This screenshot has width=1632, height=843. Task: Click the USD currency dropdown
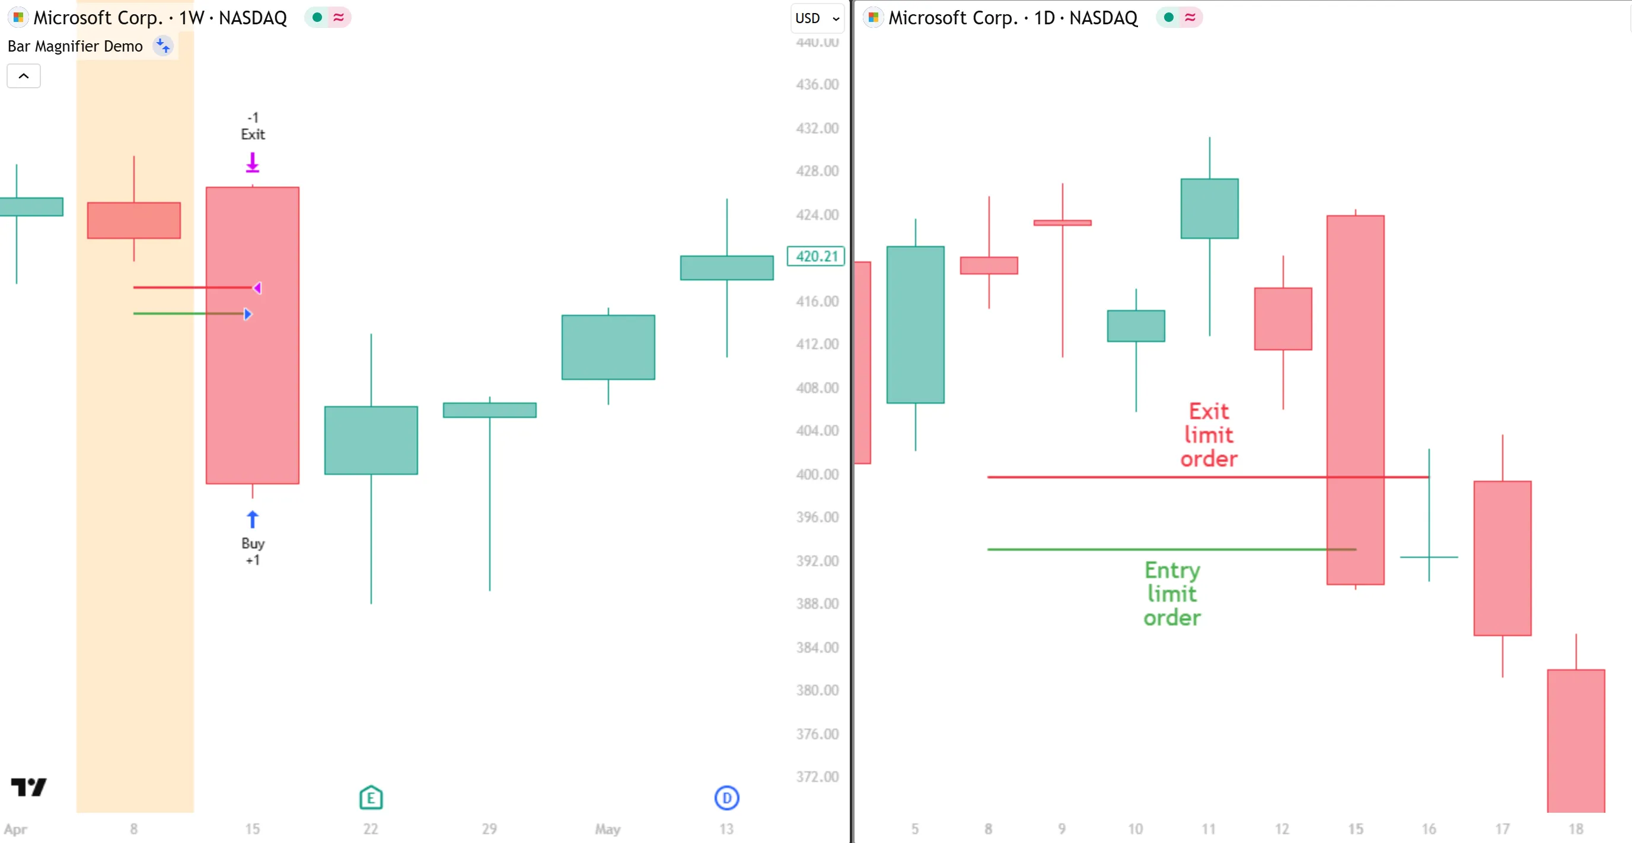[x=817, y=18]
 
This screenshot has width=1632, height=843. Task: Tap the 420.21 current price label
[x=816, y=257]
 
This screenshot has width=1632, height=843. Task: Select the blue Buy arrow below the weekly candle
[x=252, y=519]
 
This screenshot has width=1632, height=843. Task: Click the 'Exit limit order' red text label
[x=1208, y=435]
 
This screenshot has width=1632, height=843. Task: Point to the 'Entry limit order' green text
[x=1172, y=593]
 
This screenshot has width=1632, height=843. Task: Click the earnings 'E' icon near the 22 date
[x=371, y=797]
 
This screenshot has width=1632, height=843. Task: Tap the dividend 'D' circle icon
[x=726, y=797]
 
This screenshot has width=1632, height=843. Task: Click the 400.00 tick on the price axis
[x=817, y=474]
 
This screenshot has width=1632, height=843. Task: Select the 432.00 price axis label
[x=817, y=129]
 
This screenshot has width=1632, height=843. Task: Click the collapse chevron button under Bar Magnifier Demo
[x=24, y=76]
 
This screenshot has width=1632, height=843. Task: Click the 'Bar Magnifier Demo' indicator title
[x=75, y=46]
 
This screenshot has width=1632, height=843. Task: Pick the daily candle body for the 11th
[x=1209, y=208]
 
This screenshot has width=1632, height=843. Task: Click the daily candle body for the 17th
[x=1502, y=557]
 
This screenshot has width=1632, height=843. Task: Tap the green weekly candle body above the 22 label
[x=371, y=440]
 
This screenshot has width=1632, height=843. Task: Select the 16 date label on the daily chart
[x=1429, y=829]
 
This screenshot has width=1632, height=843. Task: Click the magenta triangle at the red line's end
[x=257, y=288]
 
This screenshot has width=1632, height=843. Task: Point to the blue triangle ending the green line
[x=248, y=314]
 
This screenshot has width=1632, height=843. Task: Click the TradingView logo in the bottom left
[x=28, y=787]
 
